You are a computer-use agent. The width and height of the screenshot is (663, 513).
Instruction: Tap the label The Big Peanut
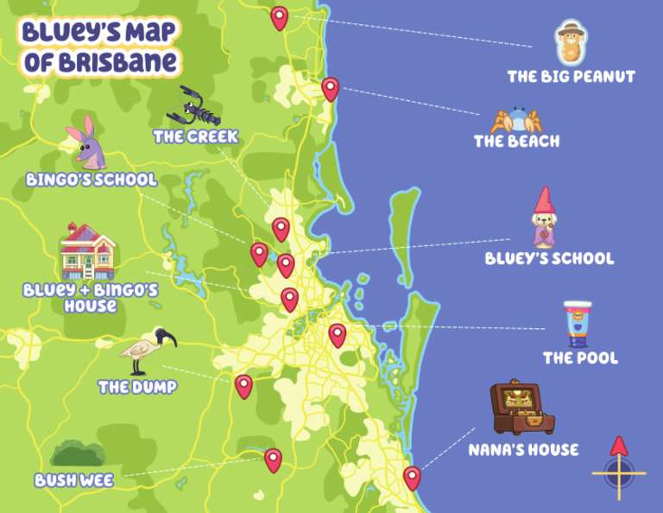[x=571, y=77]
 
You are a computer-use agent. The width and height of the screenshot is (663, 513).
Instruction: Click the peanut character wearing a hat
[x=569, y=43]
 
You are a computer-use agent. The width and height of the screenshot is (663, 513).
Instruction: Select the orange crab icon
[x=515, y=120]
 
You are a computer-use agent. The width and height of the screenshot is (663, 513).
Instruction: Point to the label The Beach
[x=516, y=141]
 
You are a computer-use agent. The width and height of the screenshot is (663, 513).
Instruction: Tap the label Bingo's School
[x=92, y=180]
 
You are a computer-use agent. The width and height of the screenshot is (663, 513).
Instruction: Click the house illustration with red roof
[x=87, y=251]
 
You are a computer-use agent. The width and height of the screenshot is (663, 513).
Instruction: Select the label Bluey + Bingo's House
[x=91, y=298]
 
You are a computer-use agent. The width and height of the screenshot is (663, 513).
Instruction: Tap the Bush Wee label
[x=73, y=480]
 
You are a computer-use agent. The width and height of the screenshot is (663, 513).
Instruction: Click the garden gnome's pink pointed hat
[x=542, y=201]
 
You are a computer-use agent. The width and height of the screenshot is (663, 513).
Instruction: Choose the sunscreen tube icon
[x=578, y=323]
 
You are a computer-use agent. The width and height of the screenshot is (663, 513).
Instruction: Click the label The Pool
[x=580, y=358]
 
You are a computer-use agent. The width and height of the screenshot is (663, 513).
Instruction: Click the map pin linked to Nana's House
[x=412, y=477]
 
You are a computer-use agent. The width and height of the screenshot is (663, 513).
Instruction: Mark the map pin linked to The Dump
[x=243, y=385]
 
